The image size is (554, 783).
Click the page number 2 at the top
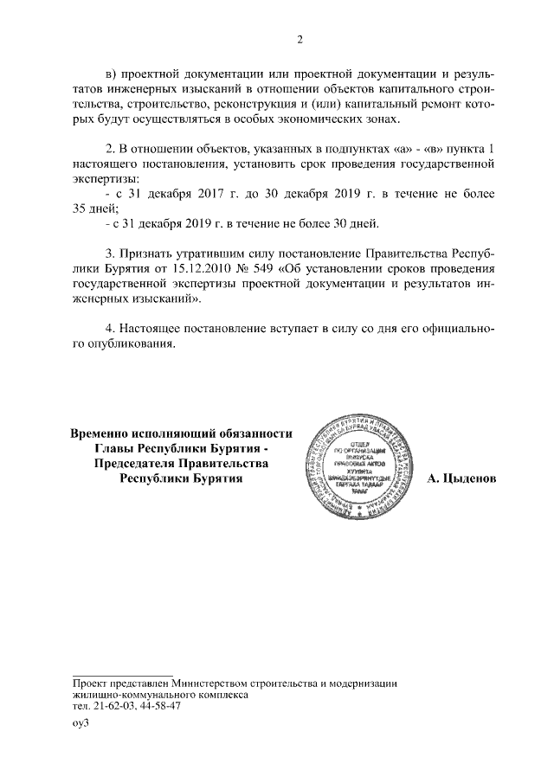300,39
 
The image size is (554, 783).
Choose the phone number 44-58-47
158,706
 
